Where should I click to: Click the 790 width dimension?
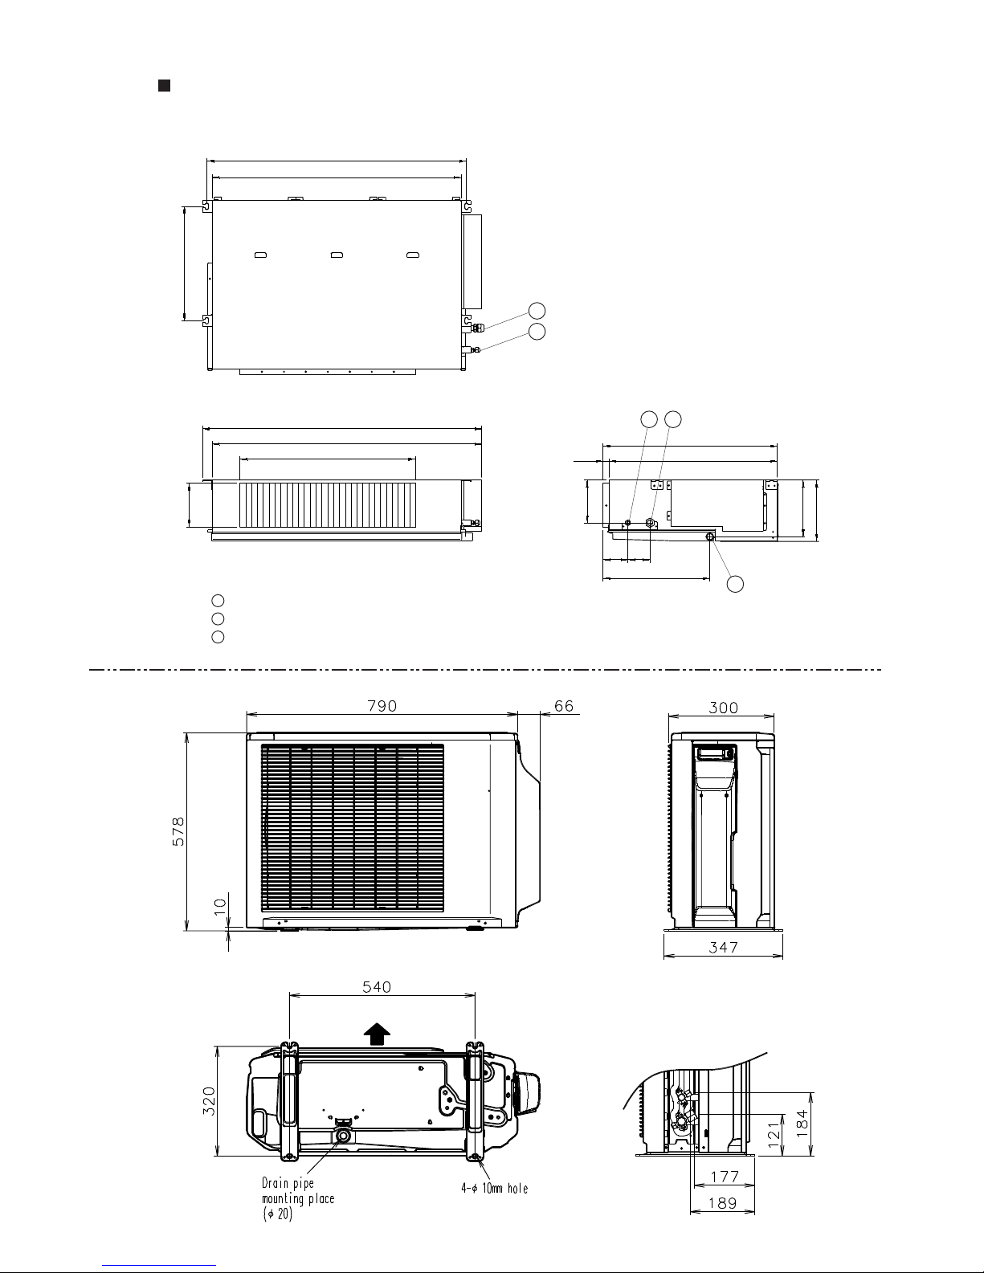[382, 705]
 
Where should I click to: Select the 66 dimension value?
[565, 705]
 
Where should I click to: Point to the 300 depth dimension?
[723, 708]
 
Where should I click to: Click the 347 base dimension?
[723, 948]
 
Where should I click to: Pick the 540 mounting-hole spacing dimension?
[376, 987]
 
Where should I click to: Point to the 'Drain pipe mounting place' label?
[298, 1198]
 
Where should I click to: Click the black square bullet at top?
[162, 85]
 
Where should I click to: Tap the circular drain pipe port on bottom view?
[344, 1136]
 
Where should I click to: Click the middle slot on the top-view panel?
[336, 255]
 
